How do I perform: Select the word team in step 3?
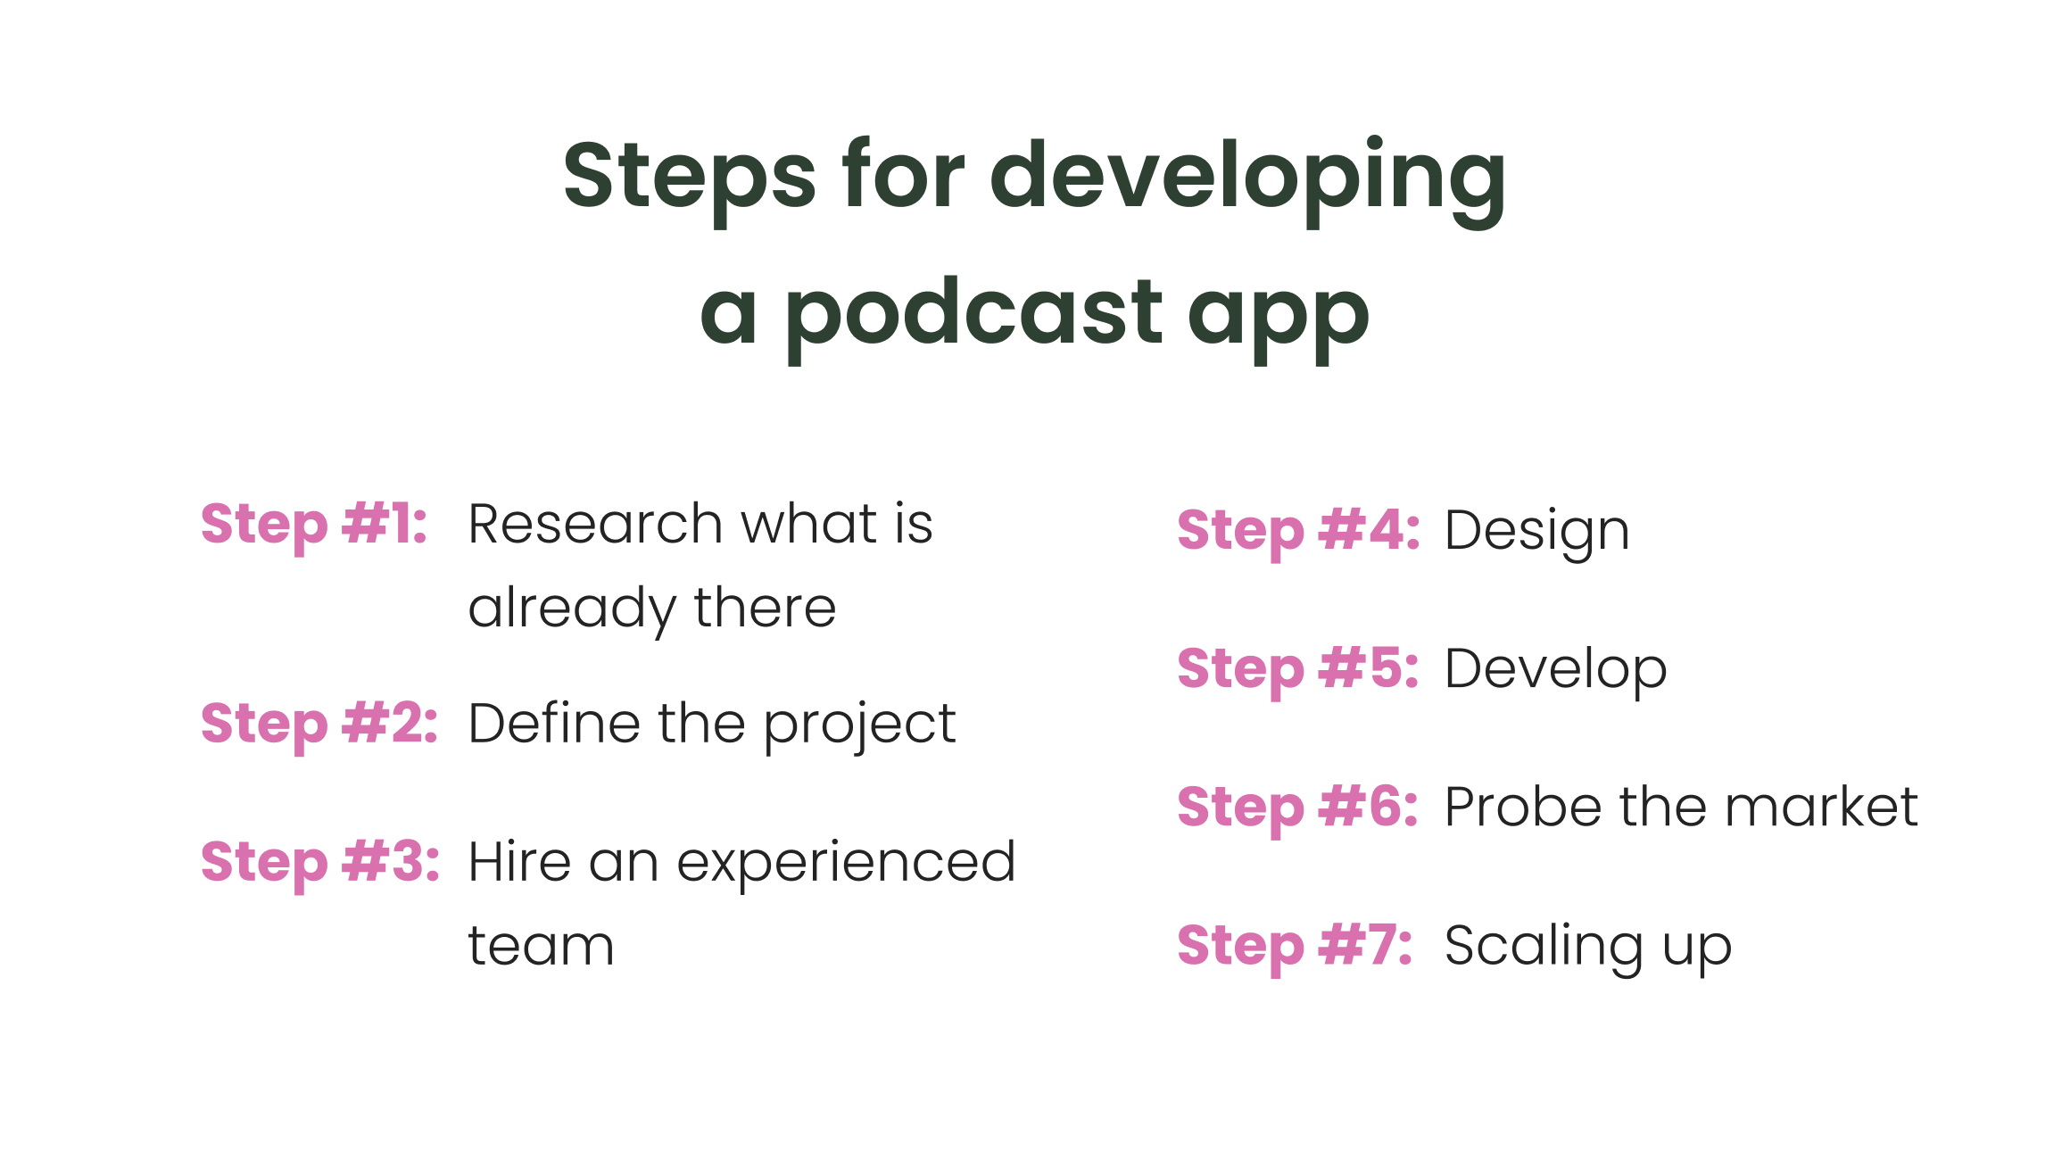[542, 947]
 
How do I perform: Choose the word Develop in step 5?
[1556, 671]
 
